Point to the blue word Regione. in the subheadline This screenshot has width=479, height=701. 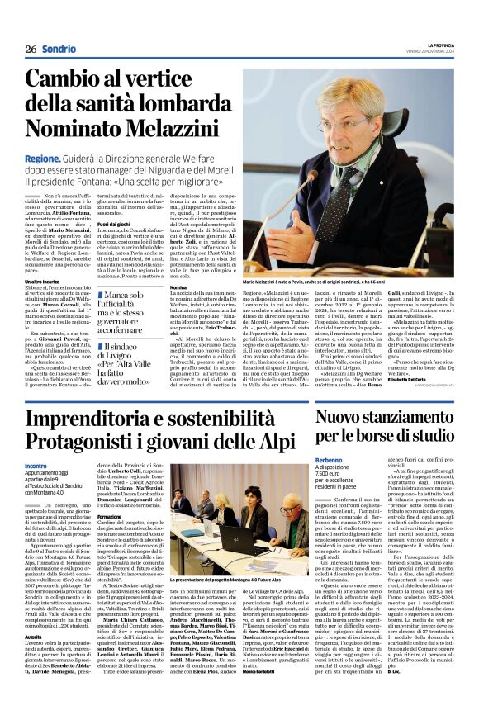point(41,159)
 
